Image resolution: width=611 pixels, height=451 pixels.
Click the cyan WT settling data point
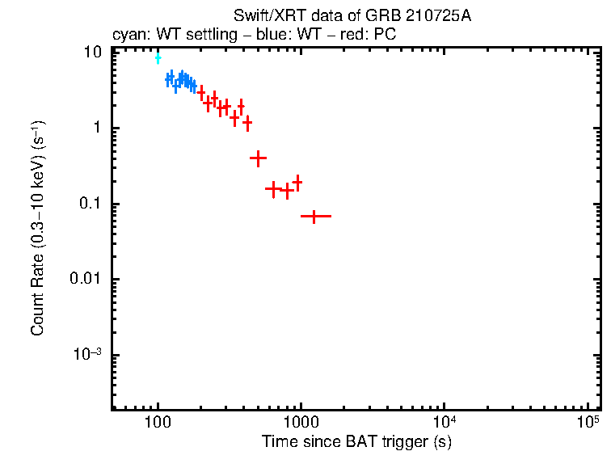158,58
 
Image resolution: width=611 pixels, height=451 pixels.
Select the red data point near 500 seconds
258,158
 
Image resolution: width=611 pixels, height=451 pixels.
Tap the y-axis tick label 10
94,53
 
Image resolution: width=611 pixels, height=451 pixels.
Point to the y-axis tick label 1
98,129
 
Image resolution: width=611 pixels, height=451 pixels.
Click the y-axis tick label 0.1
91,204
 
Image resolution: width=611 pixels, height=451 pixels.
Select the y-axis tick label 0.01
88,280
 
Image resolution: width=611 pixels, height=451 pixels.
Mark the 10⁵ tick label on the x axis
587,423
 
